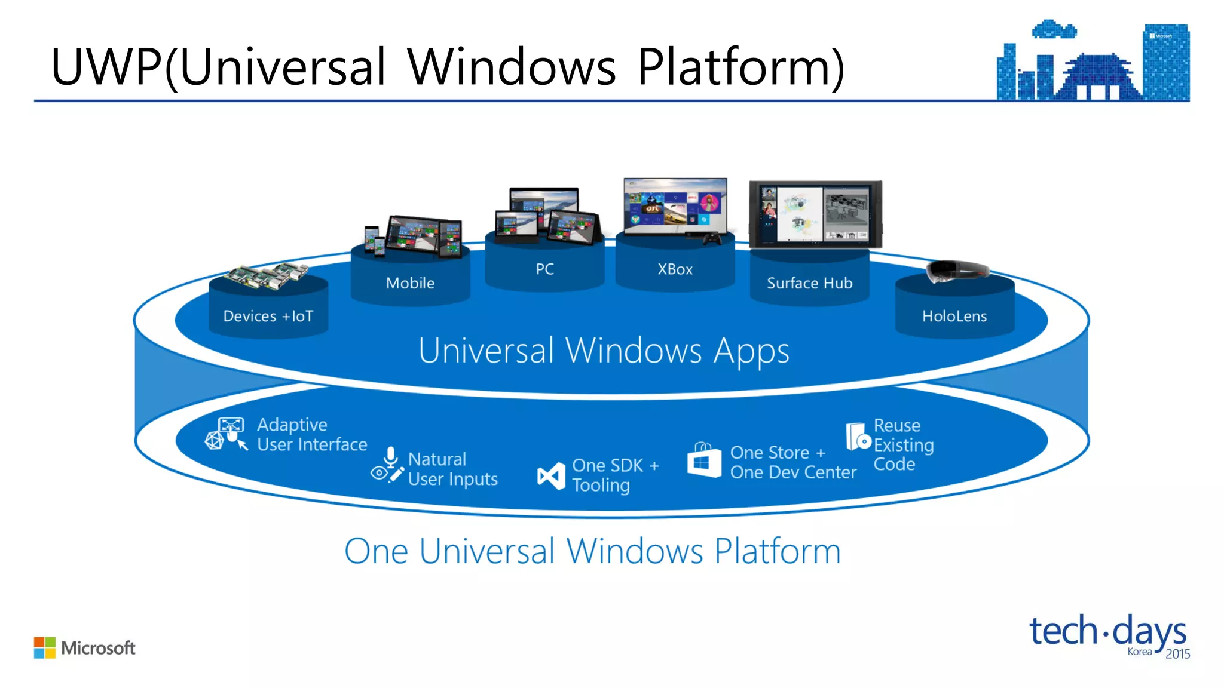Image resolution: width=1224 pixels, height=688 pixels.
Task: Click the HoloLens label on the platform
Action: (x=954, y=316)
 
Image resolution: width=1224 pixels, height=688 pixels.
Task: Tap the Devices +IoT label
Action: (x=268, y=316)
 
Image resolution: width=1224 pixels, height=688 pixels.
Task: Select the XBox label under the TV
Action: (x=675, y=269)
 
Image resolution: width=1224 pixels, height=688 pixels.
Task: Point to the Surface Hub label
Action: (x=809, y=283)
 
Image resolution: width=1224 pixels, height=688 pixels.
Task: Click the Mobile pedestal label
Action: (x=410, y=283)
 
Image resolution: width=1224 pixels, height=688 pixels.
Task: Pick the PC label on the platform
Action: (x=544, y=269)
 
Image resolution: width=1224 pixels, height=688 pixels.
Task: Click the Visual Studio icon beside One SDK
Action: (x=550, y=476)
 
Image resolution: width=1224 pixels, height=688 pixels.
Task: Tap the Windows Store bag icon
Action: (x=704, y=460)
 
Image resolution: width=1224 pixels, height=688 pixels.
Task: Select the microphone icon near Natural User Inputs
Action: (x=391, y=457)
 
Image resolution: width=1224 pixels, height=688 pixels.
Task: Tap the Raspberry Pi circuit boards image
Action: (x=267, y=277)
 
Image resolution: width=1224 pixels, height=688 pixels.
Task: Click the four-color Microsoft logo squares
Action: (x=44, y=647)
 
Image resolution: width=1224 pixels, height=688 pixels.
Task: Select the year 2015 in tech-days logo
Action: (x=1177, y=654)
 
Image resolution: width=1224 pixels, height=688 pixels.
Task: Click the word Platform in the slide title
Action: (x=740, y=67)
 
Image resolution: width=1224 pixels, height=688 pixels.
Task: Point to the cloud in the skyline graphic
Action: (x=1054, y=29)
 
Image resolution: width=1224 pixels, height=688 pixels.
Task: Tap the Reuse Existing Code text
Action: (x=903, y=445)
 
